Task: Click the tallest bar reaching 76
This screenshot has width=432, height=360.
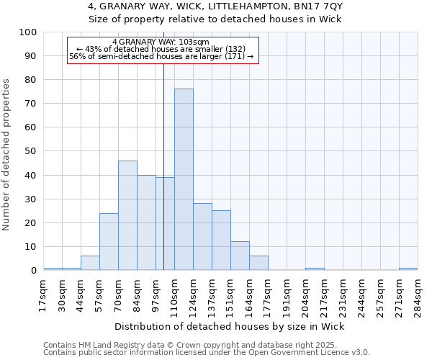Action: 184,180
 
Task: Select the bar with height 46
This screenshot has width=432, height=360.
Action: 127,216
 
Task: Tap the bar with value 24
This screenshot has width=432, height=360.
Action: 109,242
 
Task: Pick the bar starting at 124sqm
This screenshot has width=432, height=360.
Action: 202,237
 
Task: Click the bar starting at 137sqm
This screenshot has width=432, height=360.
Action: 221,240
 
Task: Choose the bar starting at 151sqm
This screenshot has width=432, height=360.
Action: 240,256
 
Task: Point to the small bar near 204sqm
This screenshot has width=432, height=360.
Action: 315,269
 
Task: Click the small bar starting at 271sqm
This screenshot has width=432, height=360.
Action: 408,269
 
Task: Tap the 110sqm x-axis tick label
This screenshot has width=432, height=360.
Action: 174,294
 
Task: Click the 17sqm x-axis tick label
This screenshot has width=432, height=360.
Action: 43,293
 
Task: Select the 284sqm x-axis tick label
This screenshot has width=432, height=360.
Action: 418,294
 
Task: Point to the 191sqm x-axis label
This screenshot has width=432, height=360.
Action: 287,294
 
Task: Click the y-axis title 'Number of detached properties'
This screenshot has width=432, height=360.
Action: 7,156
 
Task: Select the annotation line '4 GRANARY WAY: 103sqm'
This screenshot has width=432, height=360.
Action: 161,42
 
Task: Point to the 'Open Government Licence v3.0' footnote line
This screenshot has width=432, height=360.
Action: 207,353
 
